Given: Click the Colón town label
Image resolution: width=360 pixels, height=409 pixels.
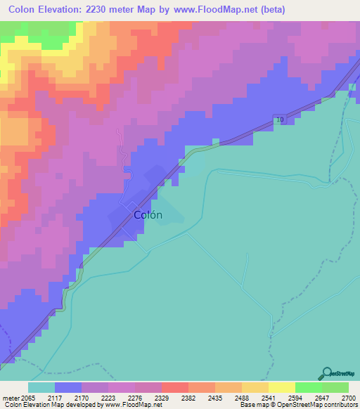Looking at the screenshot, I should click(148, 216).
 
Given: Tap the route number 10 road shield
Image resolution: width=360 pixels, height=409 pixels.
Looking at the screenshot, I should click(281, 120).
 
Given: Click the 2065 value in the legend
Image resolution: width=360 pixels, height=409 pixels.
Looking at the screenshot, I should click(27, 397).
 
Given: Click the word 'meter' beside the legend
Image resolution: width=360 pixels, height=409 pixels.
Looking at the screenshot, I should click(10, 397).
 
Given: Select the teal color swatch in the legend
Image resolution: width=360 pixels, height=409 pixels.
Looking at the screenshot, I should click(41, 387).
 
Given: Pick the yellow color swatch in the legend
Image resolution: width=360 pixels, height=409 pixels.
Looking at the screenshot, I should click(281, 387).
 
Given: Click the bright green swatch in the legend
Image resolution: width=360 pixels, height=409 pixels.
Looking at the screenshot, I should click(308, 387).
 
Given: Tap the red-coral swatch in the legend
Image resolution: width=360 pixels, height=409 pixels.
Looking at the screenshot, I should click(174, 387).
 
